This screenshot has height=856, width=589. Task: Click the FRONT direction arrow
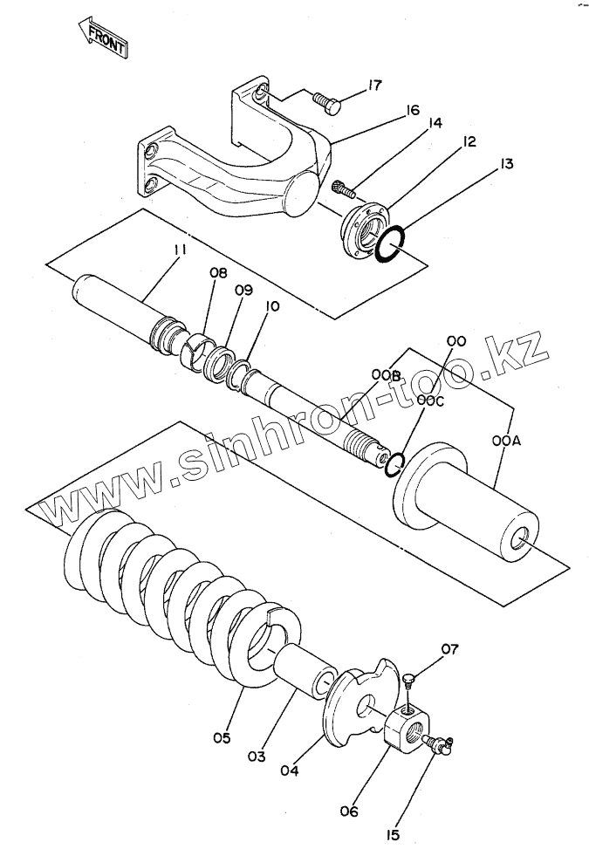(102, 38)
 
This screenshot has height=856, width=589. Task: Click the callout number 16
(412, 110)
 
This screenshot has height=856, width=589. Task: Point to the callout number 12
(469, 141)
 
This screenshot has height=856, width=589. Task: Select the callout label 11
(180, 250)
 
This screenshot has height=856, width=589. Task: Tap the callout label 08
(217, 272)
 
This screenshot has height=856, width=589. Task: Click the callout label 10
(273, 306)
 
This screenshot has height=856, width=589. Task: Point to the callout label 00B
(385, 375)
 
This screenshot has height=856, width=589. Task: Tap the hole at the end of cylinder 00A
(524, 540)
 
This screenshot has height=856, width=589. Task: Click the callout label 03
(255, 757)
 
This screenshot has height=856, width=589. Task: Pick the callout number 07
(449, 648)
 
